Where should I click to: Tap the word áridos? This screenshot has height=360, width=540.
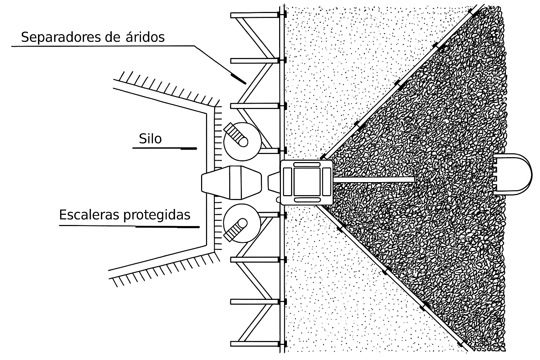point(145,37)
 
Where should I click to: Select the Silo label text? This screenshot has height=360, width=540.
point(150,139)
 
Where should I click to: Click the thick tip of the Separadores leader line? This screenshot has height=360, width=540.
point(238,79)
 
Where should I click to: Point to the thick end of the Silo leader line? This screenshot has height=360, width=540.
point(189,149)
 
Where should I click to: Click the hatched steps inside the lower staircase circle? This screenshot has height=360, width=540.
point(235,231)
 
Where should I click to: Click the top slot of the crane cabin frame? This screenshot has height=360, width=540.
point(307,165)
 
